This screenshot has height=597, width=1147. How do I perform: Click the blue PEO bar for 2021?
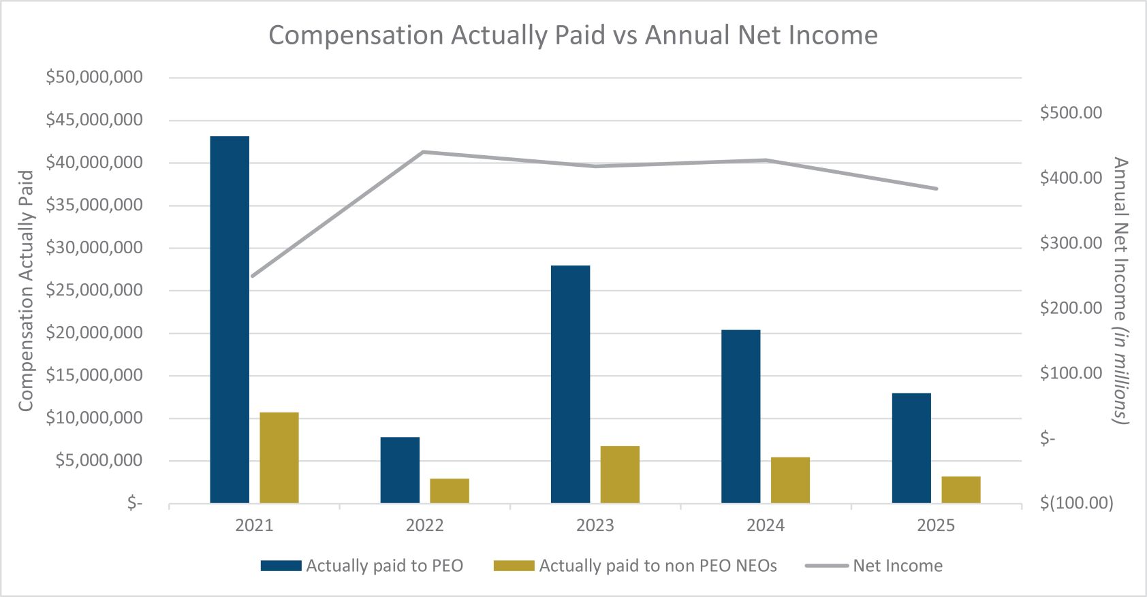230,320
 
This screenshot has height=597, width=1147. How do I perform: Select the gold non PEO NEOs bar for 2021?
279,457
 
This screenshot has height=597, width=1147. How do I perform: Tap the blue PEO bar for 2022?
400,470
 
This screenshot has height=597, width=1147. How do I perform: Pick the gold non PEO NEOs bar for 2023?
620,474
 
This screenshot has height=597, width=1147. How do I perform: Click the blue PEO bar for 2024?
741,417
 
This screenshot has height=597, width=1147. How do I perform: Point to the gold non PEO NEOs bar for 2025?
961,489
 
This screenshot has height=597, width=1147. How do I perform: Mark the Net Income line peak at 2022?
423,152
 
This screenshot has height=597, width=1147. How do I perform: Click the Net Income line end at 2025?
937,189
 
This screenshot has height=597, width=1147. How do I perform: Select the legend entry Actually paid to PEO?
362,566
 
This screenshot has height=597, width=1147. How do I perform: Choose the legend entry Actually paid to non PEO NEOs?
635,566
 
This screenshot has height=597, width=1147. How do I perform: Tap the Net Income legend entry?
875,566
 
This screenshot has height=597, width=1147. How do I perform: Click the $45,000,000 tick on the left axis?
94,120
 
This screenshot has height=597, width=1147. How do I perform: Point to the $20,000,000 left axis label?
94,333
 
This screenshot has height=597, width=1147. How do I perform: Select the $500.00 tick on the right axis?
1071,113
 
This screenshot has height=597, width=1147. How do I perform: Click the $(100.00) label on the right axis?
1076,503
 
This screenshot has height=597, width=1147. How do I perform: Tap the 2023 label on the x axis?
595,526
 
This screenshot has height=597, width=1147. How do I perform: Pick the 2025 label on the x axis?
936,526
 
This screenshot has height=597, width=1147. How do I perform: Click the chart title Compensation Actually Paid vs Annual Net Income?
573,35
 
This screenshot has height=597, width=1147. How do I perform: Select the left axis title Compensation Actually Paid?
26,291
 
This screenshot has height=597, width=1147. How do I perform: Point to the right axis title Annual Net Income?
1119,291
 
